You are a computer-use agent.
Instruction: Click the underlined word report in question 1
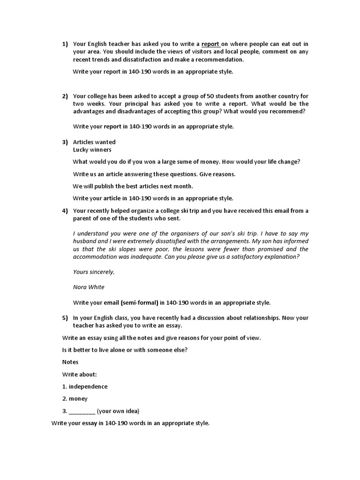210,44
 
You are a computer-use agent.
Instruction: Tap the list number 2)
65,96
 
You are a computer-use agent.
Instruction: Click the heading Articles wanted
94,142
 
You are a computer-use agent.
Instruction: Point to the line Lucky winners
92,150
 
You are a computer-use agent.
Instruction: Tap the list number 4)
65,210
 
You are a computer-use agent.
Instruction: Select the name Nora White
89,287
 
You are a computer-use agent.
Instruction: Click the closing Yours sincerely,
94,272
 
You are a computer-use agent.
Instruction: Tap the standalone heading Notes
70,362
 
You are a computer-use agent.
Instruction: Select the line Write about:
79,374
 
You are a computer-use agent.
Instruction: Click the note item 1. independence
85,386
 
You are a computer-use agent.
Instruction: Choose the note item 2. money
75,398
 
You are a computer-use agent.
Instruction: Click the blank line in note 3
82,412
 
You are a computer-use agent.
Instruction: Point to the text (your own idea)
118,411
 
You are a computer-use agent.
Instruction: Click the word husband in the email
85,241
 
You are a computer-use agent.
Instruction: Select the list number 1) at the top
65,44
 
